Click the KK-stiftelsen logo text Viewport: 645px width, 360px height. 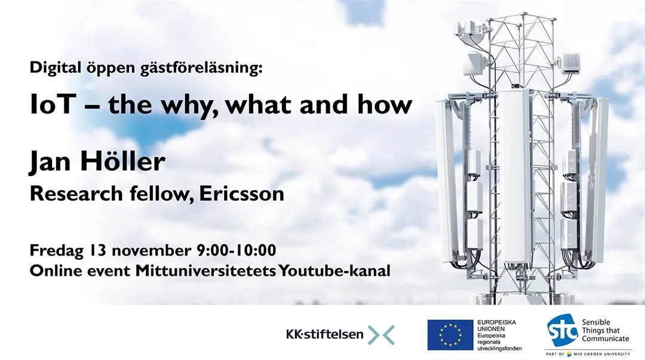[324, 334]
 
